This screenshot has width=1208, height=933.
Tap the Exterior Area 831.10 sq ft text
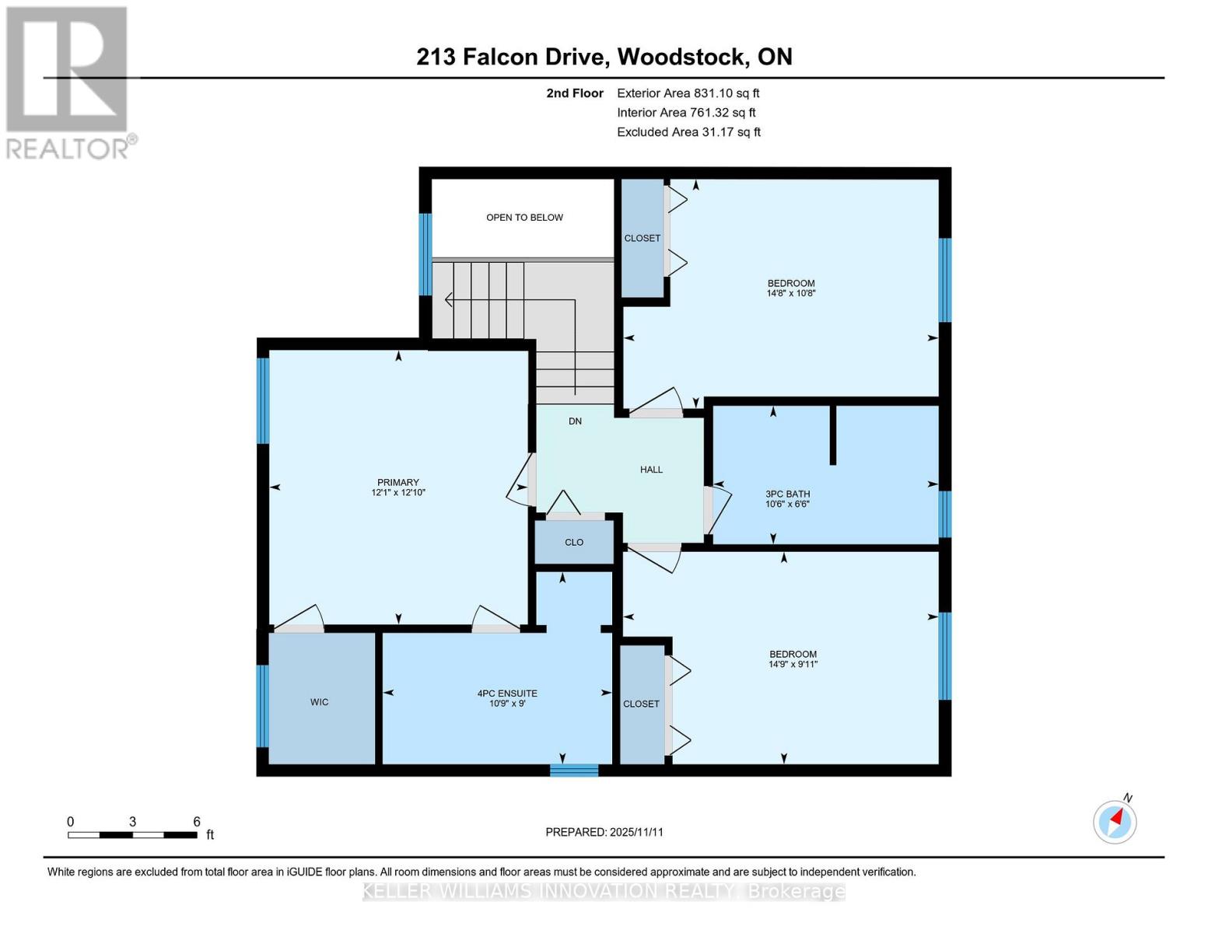[688, 93]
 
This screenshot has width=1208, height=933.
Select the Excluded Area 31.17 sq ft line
[688, 132]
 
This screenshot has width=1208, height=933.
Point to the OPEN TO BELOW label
[524, 218]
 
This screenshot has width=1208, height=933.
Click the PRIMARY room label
[398, 483]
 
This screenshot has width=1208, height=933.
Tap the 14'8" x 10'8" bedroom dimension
[791, 294]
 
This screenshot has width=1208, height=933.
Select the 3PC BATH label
[788, 494]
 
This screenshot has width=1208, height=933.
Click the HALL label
[651, 470]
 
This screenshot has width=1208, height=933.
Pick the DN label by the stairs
[575, 421]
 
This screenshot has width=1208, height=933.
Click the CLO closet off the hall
[574, 543]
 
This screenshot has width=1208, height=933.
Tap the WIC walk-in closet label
[319, 702]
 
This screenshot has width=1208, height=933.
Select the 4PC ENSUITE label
[507, 694]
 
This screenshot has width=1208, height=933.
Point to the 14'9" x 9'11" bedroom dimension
[793, 665]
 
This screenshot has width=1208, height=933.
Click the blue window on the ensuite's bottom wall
[574, 771]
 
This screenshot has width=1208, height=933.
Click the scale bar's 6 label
[197, 822]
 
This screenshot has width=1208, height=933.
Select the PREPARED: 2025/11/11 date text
[604, 832]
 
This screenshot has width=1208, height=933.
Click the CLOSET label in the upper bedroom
[642, 239]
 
